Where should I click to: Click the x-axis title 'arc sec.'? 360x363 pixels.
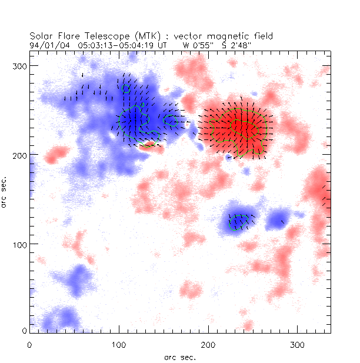(179, 357)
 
